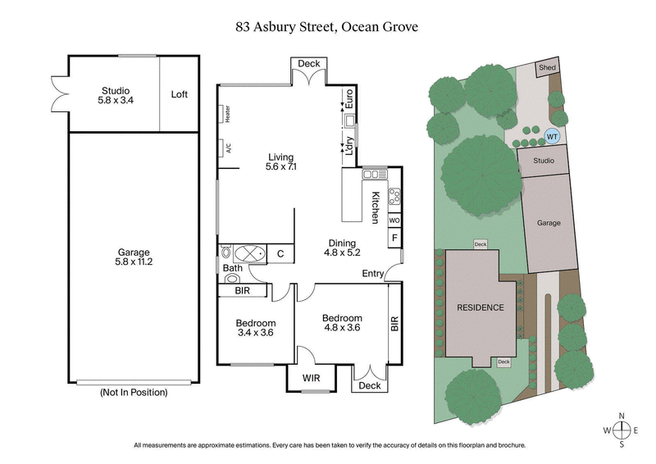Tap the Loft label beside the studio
[x=180, y=94]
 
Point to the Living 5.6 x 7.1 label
[x=280, y=161]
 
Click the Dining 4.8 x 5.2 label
[x=342, y=248]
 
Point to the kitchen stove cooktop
[x=394, y=197]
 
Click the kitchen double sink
[x=376, y=174]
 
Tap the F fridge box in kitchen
[x=394, y=239]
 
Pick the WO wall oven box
[x=394, y=221]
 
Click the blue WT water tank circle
[x=552, y=136]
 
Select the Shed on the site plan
[x=545, y=68]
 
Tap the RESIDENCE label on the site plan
[x=480, y=307]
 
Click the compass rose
[x=622, y=430]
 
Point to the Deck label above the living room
[x=308, y=64]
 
